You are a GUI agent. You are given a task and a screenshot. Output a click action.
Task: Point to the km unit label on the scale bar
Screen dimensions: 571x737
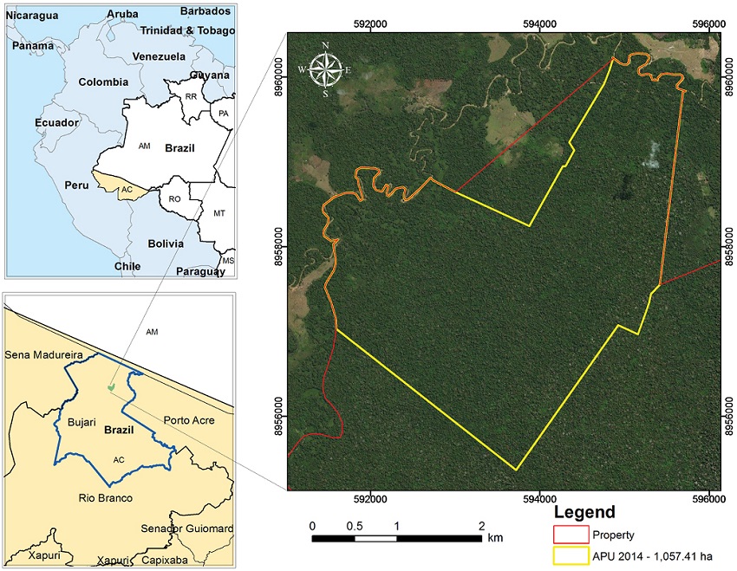pyautogui.click(x=495, y=538)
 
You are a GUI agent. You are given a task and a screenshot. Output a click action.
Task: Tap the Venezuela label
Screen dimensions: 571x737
pyautogui.click(x=159, y=56)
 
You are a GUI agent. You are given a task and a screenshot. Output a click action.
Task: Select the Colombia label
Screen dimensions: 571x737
pyautogui.click(x=103, y=82)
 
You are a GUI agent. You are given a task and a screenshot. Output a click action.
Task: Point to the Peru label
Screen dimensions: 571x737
pyautogui.click(x=79, y=185)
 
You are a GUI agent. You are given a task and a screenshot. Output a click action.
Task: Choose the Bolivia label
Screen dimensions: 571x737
pyautogui.click(x=166, y=243)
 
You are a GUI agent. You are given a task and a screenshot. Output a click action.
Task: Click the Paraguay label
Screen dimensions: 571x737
pyautogui.click(x=199, y=271)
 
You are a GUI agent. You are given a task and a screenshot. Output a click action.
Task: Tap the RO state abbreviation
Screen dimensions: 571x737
pyautogui.click(x=173, y=198)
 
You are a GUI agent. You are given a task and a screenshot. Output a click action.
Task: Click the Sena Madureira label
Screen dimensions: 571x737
pyautogui.click(x=42, y=355)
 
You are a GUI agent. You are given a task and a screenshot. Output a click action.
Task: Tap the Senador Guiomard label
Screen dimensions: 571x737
pyautogui.click(x=187, y=529)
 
